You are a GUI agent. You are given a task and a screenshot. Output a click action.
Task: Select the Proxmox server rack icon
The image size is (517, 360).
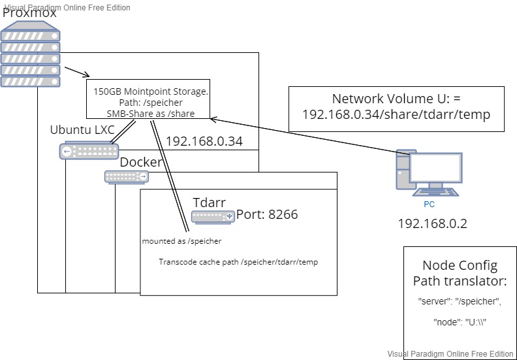coord(31,55)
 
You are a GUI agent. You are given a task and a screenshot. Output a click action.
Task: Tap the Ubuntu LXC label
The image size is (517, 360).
coord(82,129)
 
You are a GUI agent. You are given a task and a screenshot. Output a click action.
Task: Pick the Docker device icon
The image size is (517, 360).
coord(126,176)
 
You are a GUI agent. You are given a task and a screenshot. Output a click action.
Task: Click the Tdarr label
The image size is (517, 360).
coord(209,203)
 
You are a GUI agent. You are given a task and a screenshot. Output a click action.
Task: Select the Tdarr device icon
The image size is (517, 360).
coord(213,217)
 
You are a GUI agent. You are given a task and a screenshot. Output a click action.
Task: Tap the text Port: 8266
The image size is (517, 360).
coord(267,214)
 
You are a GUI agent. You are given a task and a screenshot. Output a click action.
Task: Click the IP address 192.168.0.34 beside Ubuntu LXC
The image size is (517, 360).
coord(204,141)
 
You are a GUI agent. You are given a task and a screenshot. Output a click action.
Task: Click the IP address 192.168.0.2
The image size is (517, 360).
coord(432,224)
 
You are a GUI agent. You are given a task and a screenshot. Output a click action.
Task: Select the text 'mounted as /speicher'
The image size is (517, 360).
coord(181,241)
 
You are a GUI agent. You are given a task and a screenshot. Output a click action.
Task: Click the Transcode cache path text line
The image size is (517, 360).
coord(238,262)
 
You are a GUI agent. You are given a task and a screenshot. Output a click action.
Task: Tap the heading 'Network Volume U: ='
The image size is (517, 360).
coord(396,99)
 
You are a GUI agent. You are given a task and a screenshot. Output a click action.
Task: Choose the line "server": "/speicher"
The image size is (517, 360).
coord(460,302)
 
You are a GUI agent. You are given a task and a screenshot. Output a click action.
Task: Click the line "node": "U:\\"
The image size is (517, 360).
coord(460,322)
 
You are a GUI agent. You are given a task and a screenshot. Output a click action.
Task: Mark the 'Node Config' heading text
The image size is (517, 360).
coord(460,265)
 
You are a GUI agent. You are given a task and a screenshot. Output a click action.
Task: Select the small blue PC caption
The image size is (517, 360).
coord(429,204)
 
